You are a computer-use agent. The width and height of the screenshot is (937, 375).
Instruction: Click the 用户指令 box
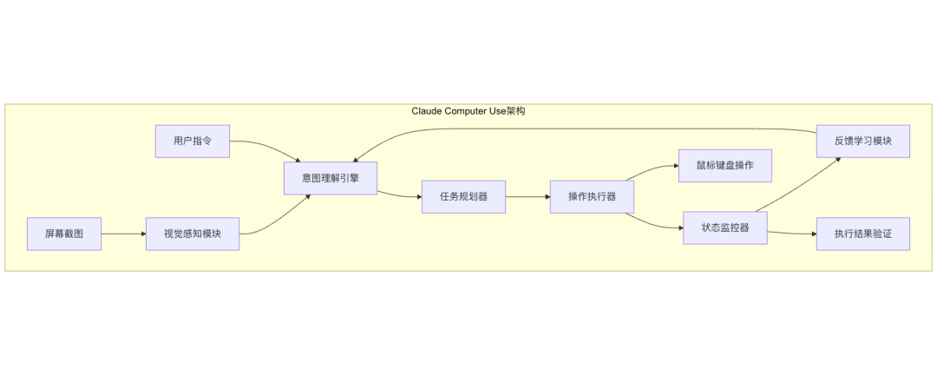click(193, 141)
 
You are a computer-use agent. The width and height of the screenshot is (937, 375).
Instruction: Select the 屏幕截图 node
click(64, 234)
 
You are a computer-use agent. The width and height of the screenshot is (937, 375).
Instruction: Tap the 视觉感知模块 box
click(193, 234)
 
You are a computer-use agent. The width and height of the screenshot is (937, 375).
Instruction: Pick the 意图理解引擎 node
click(331, 178)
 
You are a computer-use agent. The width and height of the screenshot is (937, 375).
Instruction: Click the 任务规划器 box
click(463, 196)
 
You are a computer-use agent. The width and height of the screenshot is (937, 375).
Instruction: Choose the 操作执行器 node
click(592, 196)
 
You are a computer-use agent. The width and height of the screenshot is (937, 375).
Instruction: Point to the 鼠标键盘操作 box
click(724, 165)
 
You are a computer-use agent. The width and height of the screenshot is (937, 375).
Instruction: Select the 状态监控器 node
click(724, 227)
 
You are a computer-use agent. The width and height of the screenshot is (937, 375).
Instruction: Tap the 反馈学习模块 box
click(862, 141)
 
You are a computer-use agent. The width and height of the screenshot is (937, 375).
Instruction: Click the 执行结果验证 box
click(862, 234)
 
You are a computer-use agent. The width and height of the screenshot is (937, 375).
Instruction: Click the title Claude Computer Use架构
click(468, 112)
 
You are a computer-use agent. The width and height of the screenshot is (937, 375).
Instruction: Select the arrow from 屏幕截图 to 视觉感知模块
click(123, 234)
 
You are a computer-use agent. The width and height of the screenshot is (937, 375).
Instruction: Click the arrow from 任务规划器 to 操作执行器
click(527, 196)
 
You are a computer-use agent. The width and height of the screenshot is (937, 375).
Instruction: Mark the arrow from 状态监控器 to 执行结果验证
click(791, 233)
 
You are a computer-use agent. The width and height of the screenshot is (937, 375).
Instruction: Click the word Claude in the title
click(427, 112)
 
